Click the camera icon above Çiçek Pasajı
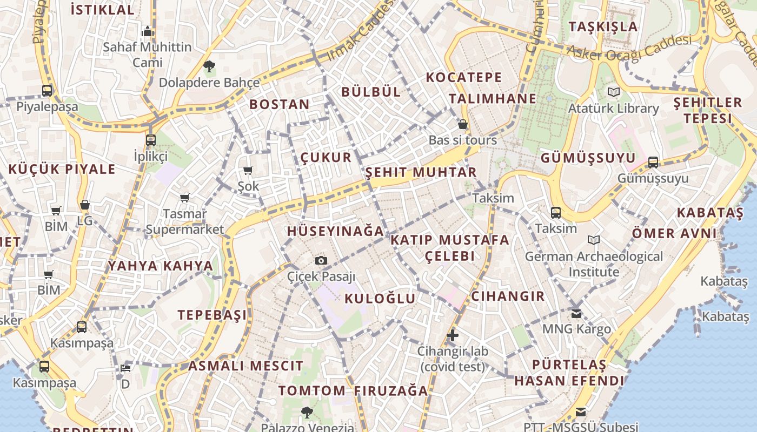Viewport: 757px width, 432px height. tap(321, 261)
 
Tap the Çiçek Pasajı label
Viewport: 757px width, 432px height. tap(321, 276)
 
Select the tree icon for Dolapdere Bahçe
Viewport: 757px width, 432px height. tap(209, 67)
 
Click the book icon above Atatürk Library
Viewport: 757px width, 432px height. tap(613, 92)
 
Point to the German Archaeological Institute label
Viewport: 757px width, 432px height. tap(594, 264)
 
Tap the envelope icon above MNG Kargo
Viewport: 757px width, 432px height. tap(576, 313)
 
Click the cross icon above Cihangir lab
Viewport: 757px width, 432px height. tap(453, 336)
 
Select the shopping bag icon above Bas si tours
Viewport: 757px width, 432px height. tap(462, 125)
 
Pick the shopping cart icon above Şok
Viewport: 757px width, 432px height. tap(248, 171)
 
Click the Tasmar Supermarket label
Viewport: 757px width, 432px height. tap(185, 221)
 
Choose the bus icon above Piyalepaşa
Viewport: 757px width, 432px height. tap(47, 91)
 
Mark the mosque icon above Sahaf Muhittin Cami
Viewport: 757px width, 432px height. tap(148, 32)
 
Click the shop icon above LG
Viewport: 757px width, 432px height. tap(84, 205)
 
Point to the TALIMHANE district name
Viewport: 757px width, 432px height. tap(492, 99)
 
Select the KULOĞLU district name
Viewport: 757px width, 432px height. tap(380, 299)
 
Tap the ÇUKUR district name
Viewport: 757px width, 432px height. tap(326, 158)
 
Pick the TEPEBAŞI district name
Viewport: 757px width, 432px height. tap(212, 315)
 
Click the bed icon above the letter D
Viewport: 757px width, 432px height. tap(125, 368)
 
